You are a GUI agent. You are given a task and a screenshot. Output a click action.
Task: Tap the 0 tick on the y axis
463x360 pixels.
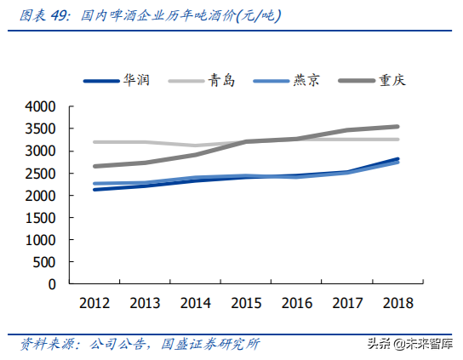coord(53,284)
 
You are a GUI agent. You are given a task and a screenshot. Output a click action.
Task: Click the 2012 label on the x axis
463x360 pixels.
coord(94,302)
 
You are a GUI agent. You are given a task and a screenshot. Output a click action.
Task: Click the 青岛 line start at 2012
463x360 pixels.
coord(94,142)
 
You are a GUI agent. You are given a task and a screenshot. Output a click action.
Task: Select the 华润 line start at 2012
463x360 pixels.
coord(94,189)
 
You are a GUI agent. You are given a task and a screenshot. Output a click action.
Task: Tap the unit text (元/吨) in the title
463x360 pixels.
coord(255,15)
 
